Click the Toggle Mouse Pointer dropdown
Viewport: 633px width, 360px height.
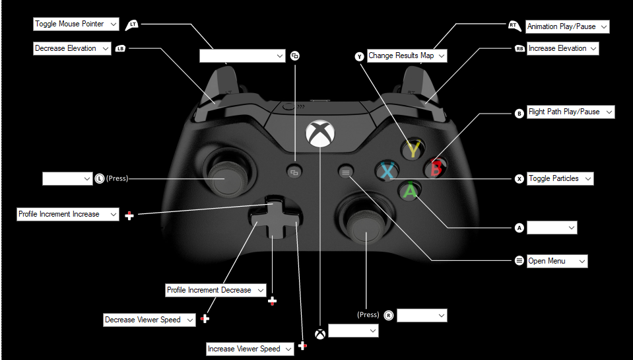click(76, 24)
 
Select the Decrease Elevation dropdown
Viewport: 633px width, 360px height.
click(72, 49)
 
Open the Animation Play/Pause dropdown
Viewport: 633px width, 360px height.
click(567, 27)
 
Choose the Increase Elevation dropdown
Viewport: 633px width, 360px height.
click(562, 49)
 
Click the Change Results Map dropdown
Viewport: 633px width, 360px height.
click(407, 56)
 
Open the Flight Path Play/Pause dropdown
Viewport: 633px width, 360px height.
click(570, 112)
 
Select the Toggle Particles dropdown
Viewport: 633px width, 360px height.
click(560, 179)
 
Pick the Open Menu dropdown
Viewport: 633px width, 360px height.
click(556, 262)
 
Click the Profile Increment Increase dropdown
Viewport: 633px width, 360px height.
click(67, 215)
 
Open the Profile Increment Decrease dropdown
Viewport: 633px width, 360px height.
click(215, 291)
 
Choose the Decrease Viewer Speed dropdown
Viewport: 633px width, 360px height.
click(150, 320)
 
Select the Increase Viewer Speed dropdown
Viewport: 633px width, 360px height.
click(250, 349)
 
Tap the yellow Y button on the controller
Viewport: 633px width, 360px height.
click(413, 150)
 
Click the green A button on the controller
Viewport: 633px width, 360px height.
click(411, 191)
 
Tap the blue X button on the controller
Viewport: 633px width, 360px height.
click(387, 171)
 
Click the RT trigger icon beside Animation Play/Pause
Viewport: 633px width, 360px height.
click(514, 26)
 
